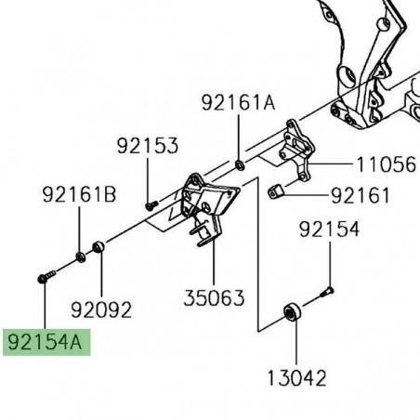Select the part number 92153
(148, 146)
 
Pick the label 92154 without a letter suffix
(328, 230)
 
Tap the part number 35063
(213, 298)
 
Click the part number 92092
(101, 308)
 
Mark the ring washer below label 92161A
(240, 165)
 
